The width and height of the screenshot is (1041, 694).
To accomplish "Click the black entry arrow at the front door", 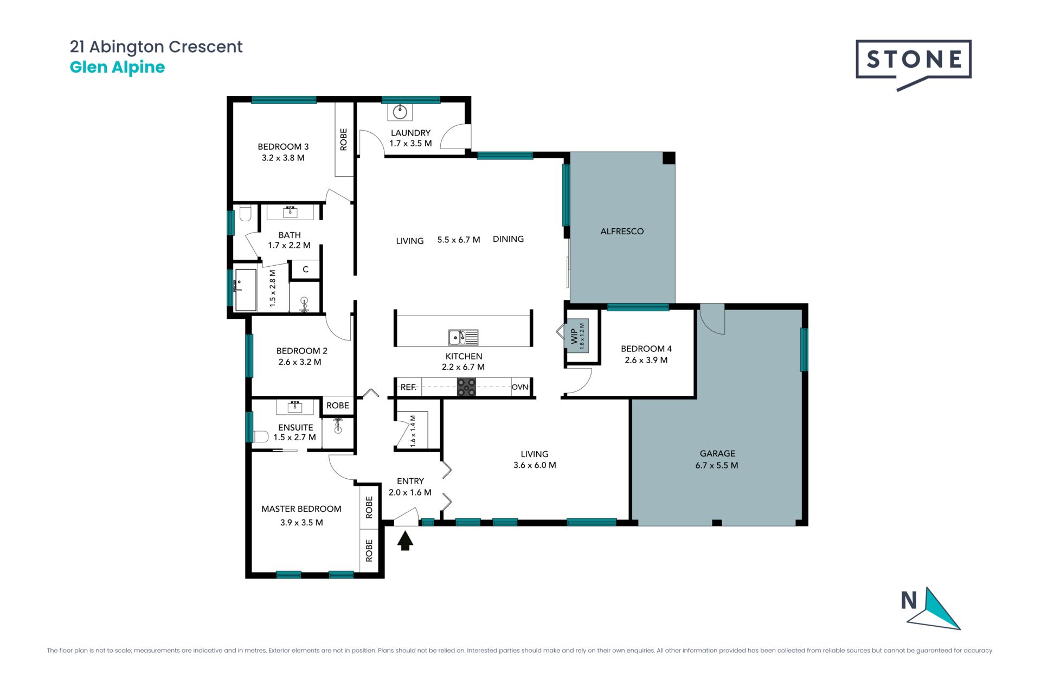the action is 405,541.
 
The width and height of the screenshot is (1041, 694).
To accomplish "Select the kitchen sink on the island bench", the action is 463,337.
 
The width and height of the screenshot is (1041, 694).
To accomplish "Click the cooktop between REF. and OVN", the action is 466,387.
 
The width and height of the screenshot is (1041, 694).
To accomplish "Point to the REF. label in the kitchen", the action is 408,387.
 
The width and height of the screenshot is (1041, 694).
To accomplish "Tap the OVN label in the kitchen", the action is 520,387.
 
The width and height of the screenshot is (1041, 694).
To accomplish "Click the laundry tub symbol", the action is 400,112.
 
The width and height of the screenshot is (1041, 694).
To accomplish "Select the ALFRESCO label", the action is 622,231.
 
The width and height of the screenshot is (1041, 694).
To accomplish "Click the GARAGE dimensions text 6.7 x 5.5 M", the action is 717,465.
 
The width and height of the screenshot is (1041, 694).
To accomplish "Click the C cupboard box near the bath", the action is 305,269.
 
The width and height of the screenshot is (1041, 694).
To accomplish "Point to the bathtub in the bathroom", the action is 245,290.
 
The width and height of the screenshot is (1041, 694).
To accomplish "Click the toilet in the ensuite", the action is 261,436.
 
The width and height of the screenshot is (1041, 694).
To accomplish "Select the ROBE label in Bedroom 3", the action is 343,139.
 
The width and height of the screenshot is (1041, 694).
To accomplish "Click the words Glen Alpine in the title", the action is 117,67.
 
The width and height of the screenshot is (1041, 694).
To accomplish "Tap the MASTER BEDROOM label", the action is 301,509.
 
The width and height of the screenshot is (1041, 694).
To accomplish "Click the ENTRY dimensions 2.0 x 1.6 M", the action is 410,492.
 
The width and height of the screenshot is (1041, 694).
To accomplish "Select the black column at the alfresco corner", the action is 669,158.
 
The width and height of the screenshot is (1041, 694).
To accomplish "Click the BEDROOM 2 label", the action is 302,351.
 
